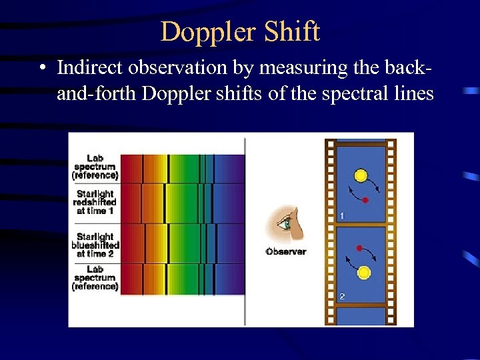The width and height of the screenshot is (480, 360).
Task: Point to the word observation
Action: pos(172,67)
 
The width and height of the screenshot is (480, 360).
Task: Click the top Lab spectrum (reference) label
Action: pos(95,167)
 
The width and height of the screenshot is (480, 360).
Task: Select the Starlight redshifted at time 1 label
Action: pos(96,202)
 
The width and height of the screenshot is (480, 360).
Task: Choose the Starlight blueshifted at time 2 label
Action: pos(95,245)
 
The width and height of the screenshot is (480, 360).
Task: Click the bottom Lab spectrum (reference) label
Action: pos(95,277)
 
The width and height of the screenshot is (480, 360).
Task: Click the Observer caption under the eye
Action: pos(285,252)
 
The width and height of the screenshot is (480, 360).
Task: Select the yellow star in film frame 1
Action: pos(361,176)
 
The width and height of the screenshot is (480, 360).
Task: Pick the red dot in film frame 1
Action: pos(365,199)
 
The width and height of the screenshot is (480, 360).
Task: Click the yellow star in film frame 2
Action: pos(364,272)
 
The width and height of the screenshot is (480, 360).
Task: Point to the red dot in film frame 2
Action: pos(359,248)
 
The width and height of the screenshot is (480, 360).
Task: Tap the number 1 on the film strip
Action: pos(341,215)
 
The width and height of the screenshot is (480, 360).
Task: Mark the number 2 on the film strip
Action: pos(341,297)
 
